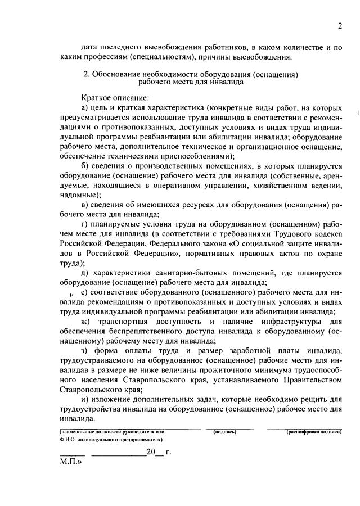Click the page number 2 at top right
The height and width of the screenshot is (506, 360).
tap(340, 26)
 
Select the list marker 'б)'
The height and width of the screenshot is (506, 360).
tap(85, 166)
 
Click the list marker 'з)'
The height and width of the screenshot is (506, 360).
tap(85, 350)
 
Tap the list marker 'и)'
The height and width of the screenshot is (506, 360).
tap(85, 399)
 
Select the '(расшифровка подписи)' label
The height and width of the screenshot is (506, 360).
tap(314, 431)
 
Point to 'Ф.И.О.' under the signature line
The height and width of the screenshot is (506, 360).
tap(68, 439)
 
